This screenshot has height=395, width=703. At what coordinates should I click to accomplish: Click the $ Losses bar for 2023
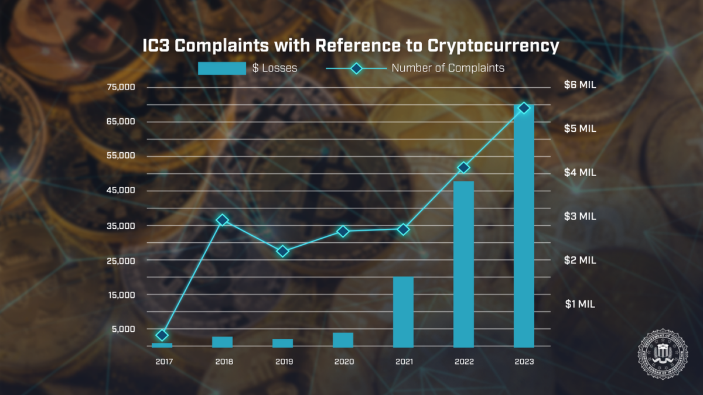point(524,228)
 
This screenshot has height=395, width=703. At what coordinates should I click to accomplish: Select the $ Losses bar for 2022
point(463,264)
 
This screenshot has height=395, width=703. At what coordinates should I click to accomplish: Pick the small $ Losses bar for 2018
point(222,342)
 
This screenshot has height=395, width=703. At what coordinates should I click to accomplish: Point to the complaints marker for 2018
point(222,220)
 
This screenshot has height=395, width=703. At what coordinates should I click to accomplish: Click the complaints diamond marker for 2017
point(162,335)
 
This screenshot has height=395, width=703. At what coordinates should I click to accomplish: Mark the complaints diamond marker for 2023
point(524,108)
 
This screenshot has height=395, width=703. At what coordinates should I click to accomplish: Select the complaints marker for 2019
point(282,251)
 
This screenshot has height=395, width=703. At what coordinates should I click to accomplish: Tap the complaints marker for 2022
point(463,168)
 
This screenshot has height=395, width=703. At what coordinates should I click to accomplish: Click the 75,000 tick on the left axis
point(121,87)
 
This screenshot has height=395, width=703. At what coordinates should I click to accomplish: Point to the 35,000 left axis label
point(121,226)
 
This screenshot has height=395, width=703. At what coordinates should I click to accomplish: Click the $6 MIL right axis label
point(580,85)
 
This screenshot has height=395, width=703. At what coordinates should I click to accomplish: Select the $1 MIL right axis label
point(580,304)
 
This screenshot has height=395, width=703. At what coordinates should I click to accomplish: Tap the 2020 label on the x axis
point(344,362)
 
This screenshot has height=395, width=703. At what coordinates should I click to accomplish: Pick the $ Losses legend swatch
point(222,68)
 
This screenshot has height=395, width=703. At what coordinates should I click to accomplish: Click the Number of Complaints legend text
point(448,68)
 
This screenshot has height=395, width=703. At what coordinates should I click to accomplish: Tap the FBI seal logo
point(663,353)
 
